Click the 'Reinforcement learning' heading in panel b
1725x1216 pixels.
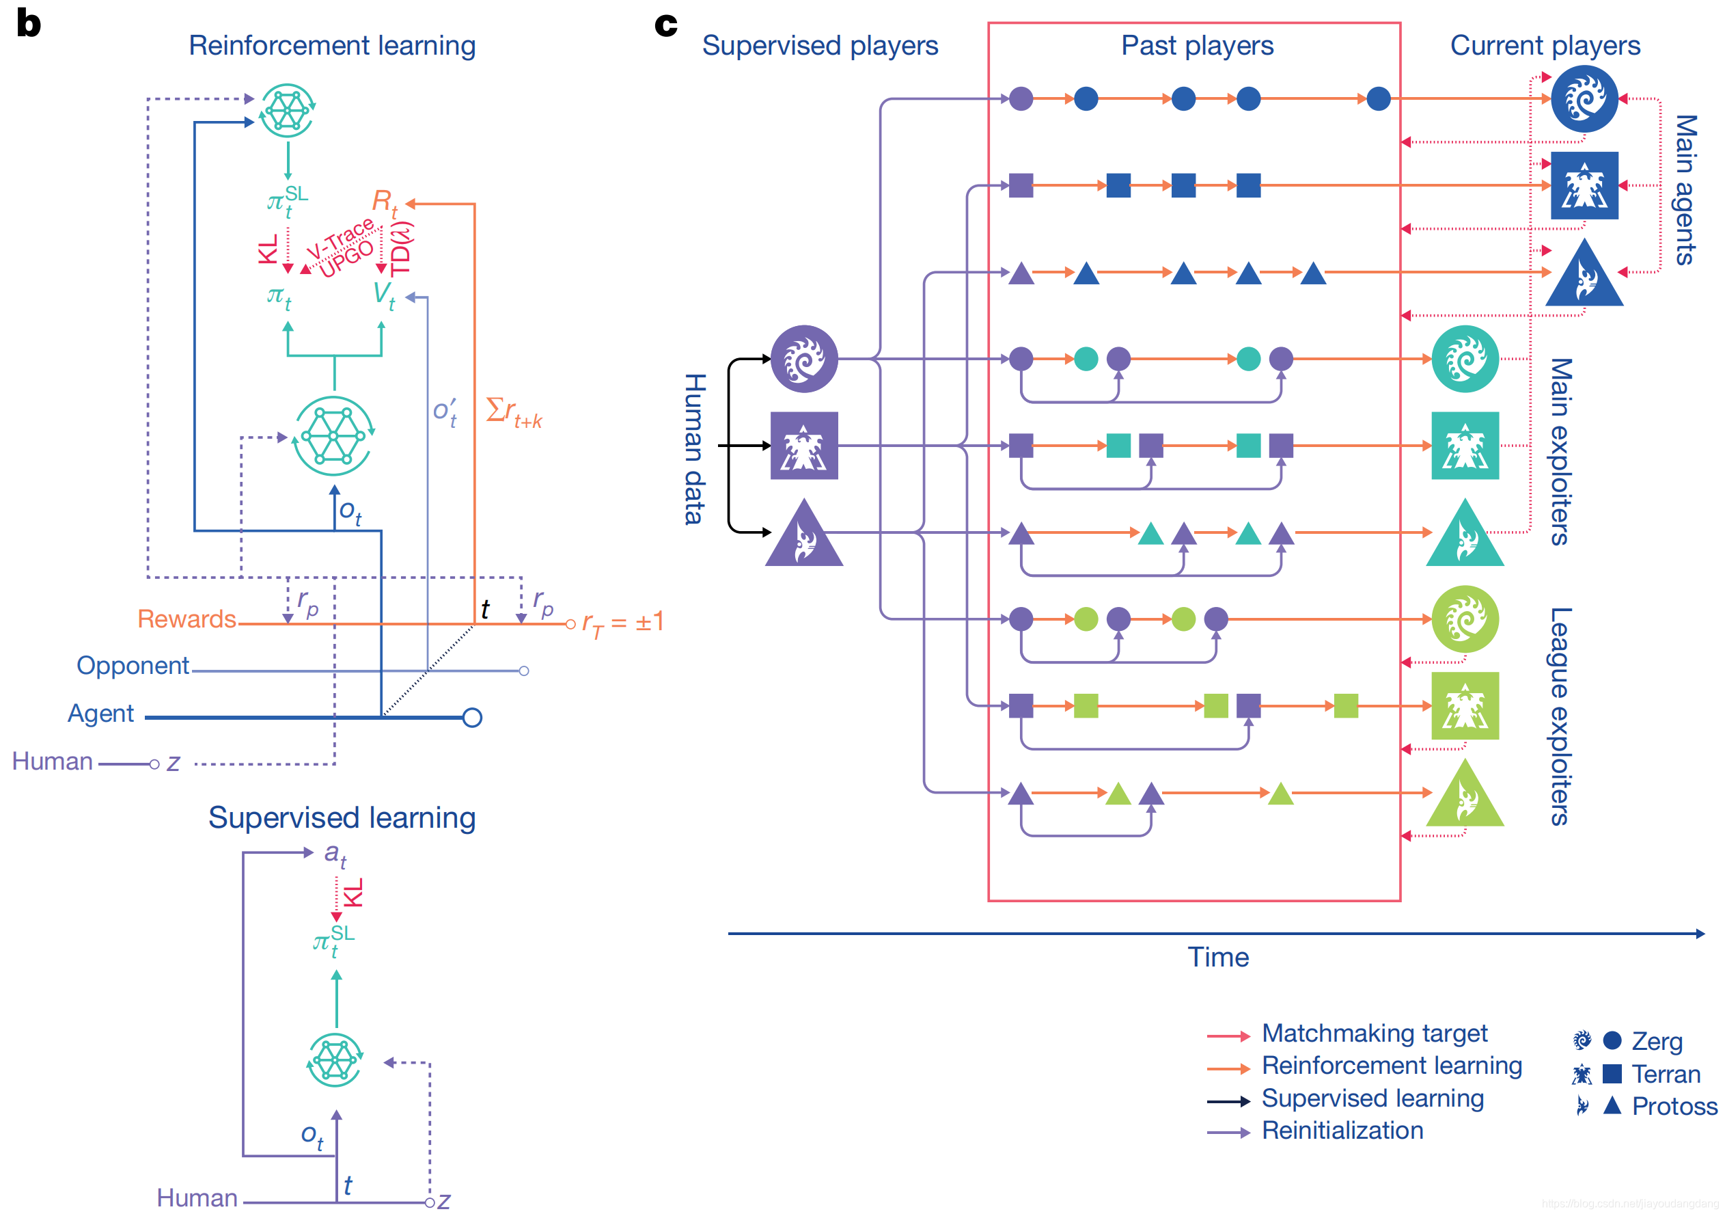(x=331, y=46)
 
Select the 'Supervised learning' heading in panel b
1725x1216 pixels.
(x=342, y=818)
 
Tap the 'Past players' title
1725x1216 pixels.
(x=1197, y=46)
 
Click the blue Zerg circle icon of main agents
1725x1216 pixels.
(x=1584, y=98)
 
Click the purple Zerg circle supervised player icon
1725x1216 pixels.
(x=804, y=360)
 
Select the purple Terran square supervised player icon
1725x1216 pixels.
(x=804, y=446)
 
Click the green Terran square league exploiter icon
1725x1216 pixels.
(x=1464, y=705)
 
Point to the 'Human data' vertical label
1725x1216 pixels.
(x=694, y=448)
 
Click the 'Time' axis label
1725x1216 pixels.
(x=1218, y=958)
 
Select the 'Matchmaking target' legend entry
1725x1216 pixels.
(x=1374, y=1033)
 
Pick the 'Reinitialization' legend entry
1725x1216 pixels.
(x=1342, y=1131)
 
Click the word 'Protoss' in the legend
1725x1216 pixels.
(x=1674, y=1106)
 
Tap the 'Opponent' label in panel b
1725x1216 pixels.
(x=133, y=666)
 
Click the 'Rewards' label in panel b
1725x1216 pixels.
(x=187, y=619)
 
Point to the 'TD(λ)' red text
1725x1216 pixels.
(x=401, y=249)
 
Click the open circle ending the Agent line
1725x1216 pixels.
(x=472, y=718)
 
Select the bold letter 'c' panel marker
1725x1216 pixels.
(x=665, y=24)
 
